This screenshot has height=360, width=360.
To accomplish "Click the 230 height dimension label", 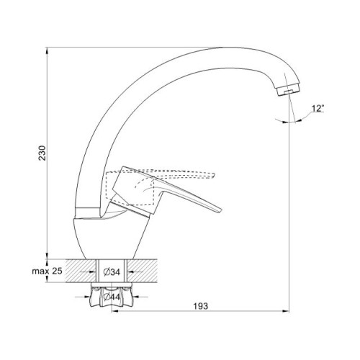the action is click(x=42, y=153).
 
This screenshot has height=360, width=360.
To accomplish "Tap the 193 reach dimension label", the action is click(x=201, y=306).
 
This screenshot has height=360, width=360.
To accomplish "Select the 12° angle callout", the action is click(x=318, y=109).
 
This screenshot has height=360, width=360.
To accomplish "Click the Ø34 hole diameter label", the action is click(x=112, y=272).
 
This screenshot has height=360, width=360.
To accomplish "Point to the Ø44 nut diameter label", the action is click(x=112, y=297).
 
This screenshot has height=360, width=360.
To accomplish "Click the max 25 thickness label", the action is click(x=47, y=271).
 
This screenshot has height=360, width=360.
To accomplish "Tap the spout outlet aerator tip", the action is click(x=289, y=90).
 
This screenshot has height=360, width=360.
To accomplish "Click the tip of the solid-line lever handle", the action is click(x=220, y=210).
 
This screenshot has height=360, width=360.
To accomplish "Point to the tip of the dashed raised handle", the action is click(x=213, y=176).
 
